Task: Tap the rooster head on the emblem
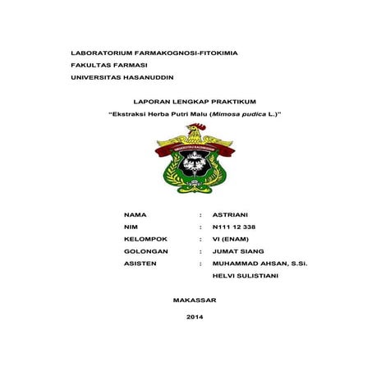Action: coord(195,131)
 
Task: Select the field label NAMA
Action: coord(134,214)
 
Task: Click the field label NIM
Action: coord(130,226)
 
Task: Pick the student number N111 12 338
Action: coord(234,226)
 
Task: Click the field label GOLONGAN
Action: coord(145,250)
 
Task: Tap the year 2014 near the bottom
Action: coord(195,316)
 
